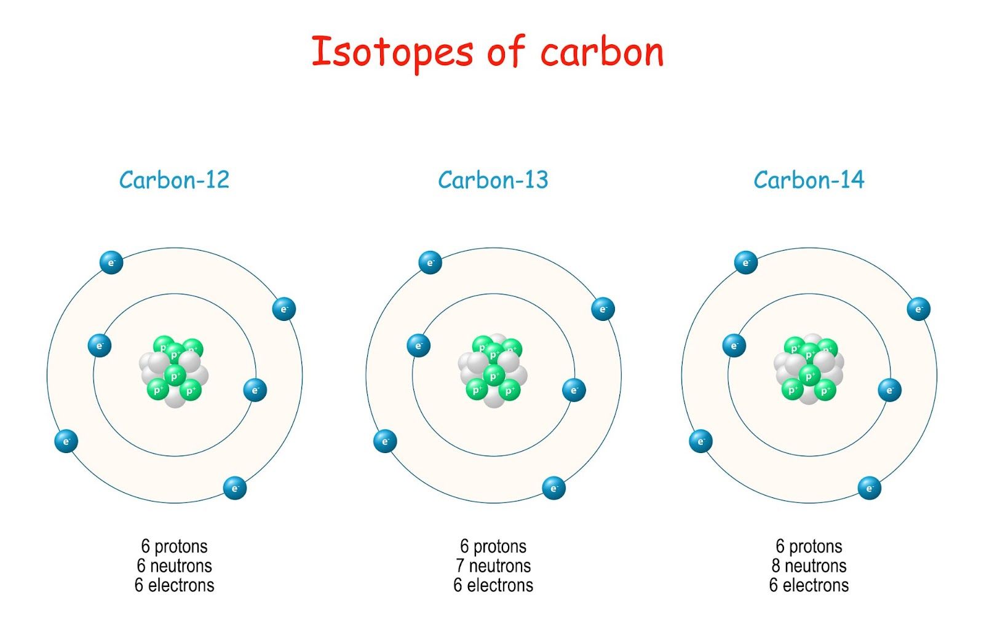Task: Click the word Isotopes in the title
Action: [392, 52]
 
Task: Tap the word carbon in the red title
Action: [602, 52]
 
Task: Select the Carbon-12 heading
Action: [174, 180]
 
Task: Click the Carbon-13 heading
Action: [493, 180]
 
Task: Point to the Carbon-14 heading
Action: [809, 180]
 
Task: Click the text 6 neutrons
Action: [174, 566]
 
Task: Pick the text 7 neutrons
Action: [493, 566]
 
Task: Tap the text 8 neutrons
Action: [809, 566]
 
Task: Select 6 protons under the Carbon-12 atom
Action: [174, 546]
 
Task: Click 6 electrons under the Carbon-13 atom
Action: [493, 585]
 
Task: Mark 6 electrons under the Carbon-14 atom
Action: [809, 585]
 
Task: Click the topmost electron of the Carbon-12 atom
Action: [111, 262]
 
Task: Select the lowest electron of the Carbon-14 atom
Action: [869, 488]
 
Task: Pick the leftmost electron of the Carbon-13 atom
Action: [385, 441]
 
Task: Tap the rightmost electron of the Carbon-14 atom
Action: [918, 309]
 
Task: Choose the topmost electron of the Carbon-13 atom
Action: [430, 262]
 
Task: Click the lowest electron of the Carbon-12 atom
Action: [234, 488]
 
